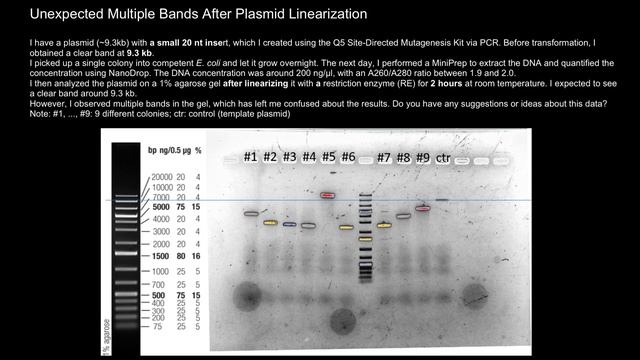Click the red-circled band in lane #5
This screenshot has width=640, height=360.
[327, 195]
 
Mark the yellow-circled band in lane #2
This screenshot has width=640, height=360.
[270, 222]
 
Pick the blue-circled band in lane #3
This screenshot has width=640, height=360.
[289, 225]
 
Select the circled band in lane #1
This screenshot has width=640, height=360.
[251, 214]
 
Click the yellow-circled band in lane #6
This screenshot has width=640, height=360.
[346, 227]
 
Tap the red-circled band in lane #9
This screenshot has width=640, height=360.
[422, 208]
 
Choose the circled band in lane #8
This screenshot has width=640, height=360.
[403, 215]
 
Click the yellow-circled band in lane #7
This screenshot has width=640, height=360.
[384, 226]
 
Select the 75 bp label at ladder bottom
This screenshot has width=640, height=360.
[171, 326]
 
